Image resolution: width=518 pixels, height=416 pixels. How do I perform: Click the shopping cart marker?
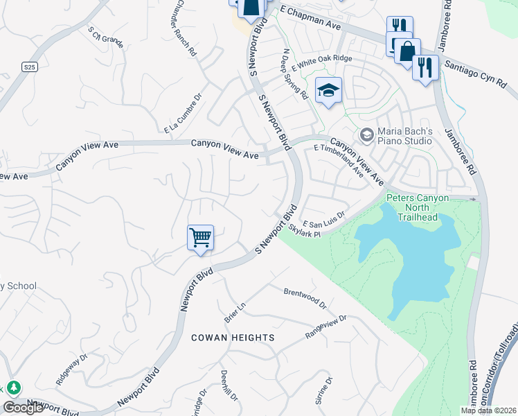tap(200, 238)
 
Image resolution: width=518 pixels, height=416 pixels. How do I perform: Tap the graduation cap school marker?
tap(329, 90)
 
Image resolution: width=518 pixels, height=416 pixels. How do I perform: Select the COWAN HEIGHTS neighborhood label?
tap(233, 338)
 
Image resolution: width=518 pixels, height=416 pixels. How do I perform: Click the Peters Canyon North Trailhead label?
tap(418, 207)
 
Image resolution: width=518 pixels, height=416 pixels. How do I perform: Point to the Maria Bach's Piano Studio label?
tap(405, 136)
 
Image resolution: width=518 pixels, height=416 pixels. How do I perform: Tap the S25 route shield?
tap(28, 67)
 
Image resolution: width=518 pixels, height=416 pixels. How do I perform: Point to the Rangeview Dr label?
tap(325, 327)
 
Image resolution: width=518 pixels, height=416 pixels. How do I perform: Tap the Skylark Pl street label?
tap(305, 231)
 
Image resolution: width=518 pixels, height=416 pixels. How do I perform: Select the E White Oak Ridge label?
tap(322, 63)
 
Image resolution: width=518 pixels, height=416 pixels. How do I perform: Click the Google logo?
tap(23, 408)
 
